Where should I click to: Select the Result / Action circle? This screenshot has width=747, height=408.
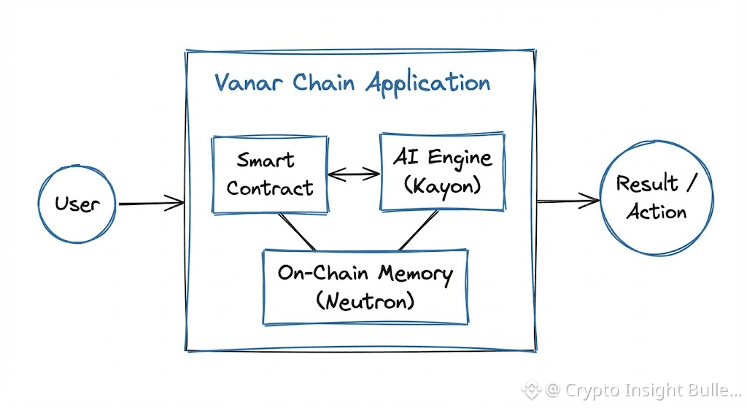pyautogui.click(x=657, y=198)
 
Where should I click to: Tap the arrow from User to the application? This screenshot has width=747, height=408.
pyautogui.click(x=151, y=204)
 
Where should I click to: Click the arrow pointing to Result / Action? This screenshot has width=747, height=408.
pyautogui.click(x=567, y=199)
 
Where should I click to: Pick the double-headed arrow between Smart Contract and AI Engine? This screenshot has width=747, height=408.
pyautogui.click(x=354, y=174)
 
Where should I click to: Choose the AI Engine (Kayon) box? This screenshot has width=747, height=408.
pyautogui.click(x=442, y=172)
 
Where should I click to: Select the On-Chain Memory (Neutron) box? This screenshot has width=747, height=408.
pyautogui.click(x=365, y=287)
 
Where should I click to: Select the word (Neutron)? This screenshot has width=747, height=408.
pyautogui.click(x=365, y=299)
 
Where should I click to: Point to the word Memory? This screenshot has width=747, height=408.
pyautogui.click(x=415, y=274)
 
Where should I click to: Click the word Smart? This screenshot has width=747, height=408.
pyautogui.click(x=266, y=159)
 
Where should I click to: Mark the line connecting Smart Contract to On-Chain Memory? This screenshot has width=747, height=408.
pyautogui.click(x=297, y=231)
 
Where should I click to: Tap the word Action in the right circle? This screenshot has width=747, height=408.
pyautogui.click(x=657, y=212)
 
